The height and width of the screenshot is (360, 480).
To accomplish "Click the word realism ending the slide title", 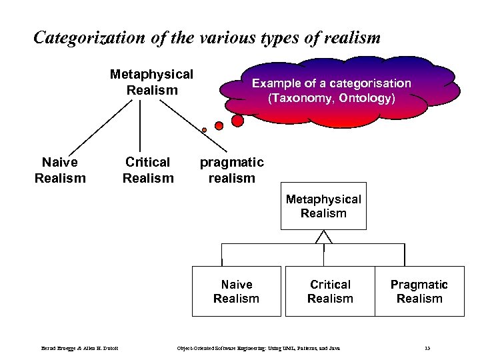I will point(351,38).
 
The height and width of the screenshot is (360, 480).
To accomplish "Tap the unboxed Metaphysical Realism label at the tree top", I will point(151,81).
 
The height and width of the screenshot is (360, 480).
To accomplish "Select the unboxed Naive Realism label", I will point(59,170).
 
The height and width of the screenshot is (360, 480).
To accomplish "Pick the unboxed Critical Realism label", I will point(148,170).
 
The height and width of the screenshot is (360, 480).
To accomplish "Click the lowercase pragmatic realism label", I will point(232,170).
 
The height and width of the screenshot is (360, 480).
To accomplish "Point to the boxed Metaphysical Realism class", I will point(323,206).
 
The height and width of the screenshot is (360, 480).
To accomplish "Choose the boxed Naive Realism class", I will point(236,291).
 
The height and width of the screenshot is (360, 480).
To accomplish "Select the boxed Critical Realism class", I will point(330,291).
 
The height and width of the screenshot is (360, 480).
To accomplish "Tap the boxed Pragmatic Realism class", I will point(419,291).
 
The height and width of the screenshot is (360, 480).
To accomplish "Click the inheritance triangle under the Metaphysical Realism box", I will point(324,237).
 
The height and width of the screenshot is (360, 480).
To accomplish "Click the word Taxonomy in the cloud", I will point(299,98).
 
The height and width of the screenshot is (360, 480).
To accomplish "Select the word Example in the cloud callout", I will point(274,83).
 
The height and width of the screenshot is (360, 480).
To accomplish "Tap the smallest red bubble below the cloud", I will point(204,130).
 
